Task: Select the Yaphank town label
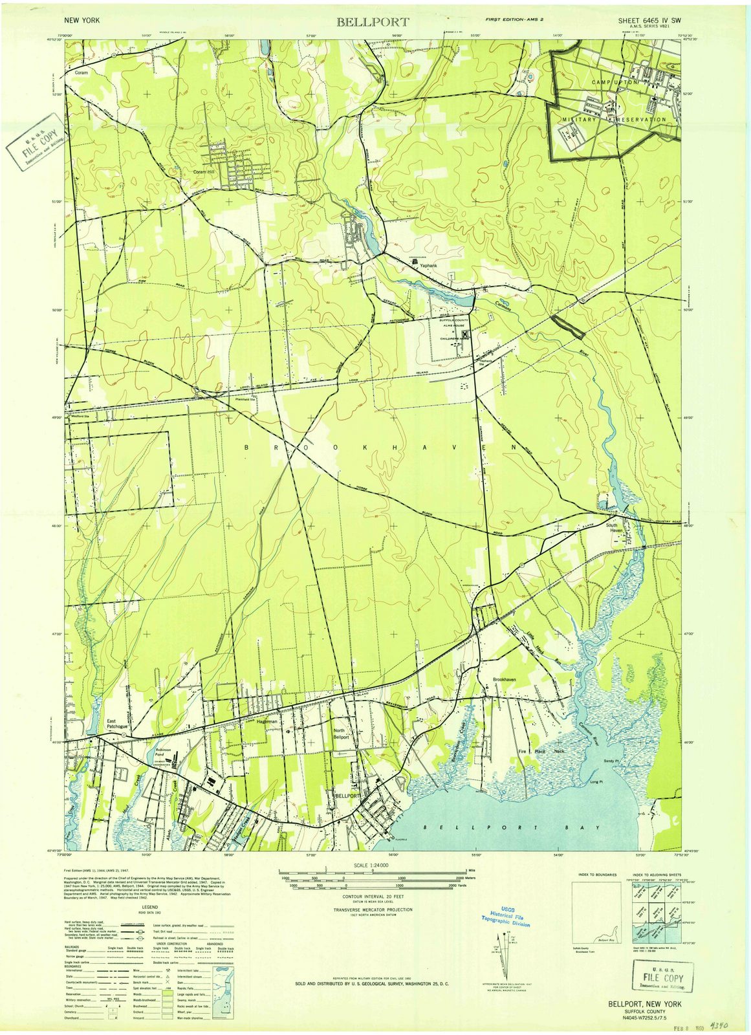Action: (428, 266)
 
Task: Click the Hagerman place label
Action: (267, 721)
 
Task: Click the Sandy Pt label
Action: (612, 761)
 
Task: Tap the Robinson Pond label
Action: (162, 753)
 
